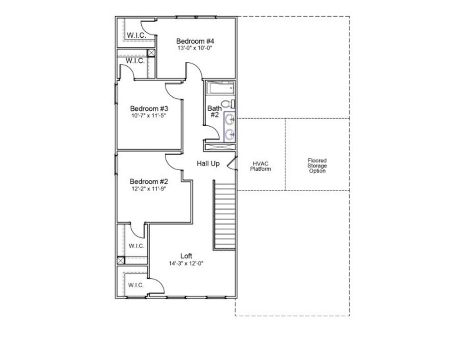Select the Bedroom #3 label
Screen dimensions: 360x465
[149, 109]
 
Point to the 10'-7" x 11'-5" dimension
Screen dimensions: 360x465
[149, 116]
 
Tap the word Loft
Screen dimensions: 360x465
[186, 256]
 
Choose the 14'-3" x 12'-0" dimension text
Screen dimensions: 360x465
[186, 263]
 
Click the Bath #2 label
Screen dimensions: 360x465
[214, 112]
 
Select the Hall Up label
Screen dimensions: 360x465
[208, 163]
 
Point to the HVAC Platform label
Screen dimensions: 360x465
[261, 166]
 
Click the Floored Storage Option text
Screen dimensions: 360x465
[317, 166]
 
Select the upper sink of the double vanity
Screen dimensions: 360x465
[230, 120]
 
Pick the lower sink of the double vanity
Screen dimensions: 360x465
[230, 134]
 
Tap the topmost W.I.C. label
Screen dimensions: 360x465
[135, 35]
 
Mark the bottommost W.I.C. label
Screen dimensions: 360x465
[136, 285]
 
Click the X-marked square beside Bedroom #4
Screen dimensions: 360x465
[151, 53]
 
